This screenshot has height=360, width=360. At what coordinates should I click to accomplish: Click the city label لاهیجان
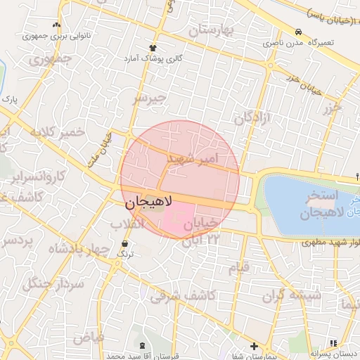151,203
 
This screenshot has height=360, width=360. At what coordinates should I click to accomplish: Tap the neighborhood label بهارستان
214,31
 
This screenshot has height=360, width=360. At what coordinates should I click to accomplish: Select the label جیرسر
151,98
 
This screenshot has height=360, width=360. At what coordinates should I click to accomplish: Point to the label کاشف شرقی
183,297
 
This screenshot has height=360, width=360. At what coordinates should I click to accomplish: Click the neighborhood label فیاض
88,337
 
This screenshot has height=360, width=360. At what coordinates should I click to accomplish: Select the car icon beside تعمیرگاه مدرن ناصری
299,32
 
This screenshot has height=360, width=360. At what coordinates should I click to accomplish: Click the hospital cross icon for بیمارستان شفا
253,346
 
